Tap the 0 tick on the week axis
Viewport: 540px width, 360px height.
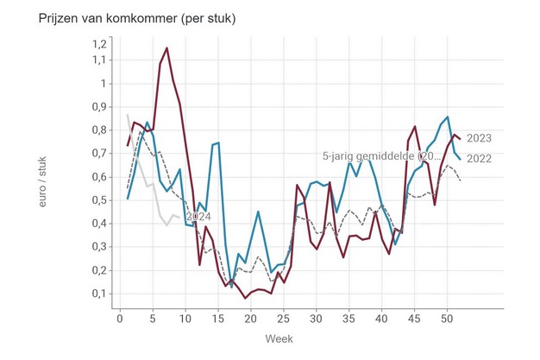[120, 318]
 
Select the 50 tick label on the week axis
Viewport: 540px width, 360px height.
[447, 318]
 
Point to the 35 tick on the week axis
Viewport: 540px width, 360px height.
[349, 318]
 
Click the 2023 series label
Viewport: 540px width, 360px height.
[479, 138]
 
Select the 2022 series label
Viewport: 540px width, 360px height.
[479, 157]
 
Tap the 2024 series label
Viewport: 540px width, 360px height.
[198, 218]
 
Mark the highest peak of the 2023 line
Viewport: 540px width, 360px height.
[166, 48]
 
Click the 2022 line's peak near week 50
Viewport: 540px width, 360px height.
[448, 117]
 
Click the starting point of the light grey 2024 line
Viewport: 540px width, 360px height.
[128, 115]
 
